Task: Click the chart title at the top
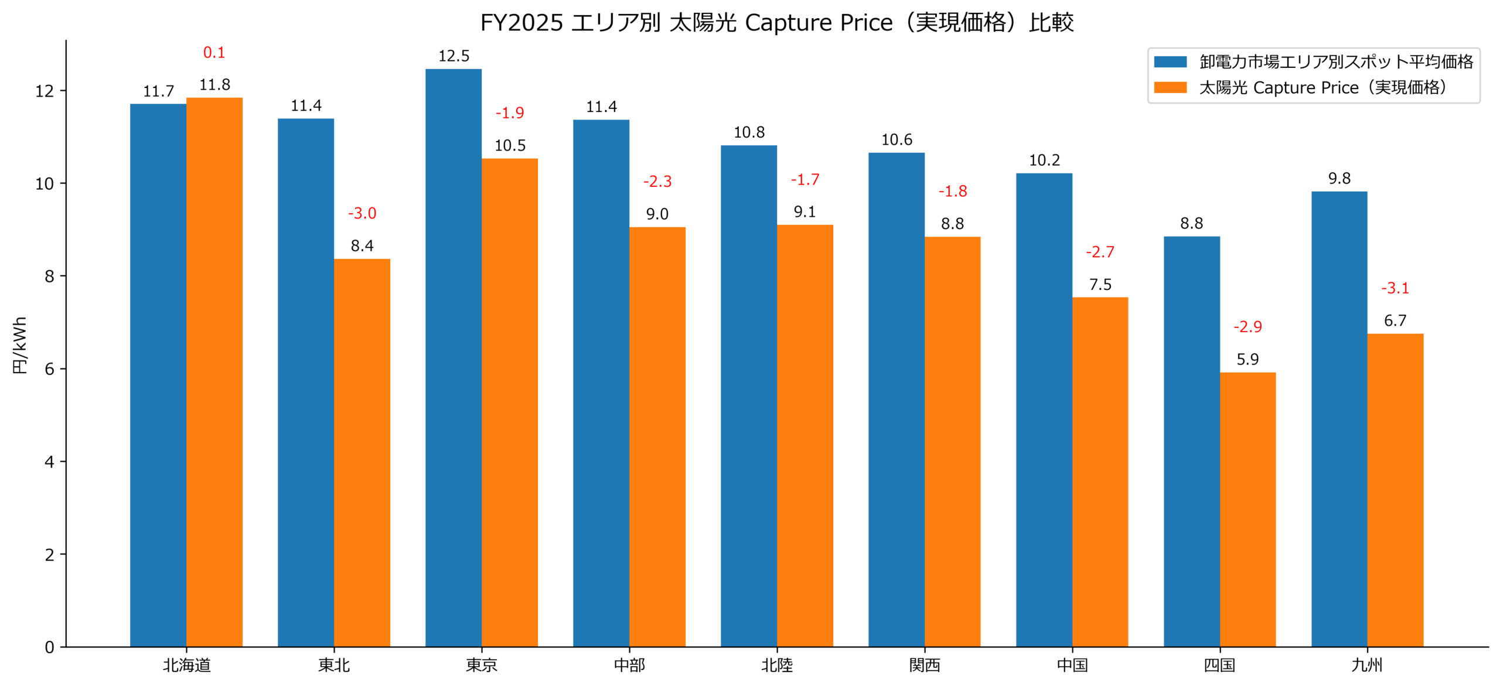point(776,23)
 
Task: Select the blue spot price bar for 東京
point(453,357)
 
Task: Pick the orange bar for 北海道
point(214,372)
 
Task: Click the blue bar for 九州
point(1339,418)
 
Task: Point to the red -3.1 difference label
point(1395,288)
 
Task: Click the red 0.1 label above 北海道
point(214,53)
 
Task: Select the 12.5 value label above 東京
point(454,56)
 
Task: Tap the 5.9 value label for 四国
point(1247,359)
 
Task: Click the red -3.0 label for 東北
point(362,213)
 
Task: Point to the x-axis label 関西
point(924,665)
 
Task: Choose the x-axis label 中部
point(629,665)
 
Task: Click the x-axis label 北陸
point(776,665)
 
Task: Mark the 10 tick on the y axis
point(45,184)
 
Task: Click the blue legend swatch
point(1170,62)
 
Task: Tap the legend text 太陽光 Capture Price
point(1322,87)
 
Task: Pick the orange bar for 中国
point(1100,472)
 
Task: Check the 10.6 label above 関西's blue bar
point(896,140)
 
